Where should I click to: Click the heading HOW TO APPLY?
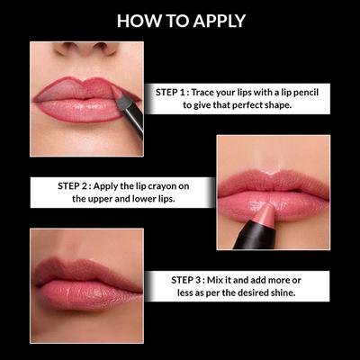coord(180,20)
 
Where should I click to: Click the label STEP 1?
coord(173,91)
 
